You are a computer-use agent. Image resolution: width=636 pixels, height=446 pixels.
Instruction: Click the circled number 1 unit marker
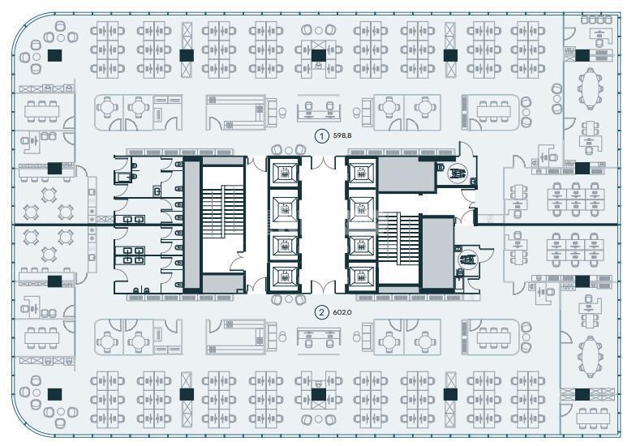pos(322,136)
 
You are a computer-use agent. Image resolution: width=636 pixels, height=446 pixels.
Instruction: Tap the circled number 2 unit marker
pos(322,312)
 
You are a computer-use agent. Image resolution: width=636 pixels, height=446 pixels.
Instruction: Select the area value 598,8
pos(342,136)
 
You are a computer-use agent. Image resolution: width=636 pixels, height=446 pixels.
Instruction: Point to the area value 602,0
pos(342,312)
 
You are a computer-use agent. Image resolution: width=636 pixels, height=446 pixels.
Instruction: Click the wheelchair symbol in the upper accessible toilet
pos(456,174)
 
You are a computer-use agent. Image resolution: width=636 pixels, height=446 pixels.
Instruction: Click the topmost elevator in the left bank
pos(284,174)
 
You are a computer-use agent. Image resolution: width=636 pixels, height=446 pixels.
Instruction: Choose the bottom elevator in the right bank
pos(361,277)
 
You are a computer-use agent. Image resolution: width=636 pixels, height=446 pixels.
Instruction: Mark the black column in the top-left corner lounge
pos(55,55)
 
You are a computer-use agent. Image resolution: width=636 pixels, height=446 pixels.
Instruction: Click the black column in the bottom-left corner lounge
pos(55,394)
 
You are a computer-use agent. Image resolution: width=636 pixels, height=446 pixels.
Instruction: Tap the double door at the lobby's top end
pos(323,162)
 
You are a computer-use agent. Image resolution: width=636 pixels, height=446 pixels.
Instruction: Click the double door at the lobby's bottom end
pos(323,287)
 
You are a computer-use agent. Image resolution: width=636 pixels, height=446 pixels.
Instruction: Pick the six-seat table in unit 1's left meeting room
pos(42,111)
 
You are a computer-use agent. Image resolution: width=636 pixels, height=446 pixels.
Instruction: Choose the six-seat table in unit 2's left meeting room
pos(42,338)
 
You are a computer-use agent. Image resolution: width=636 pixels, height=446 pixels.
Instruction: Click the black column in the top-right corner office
pos(582,55)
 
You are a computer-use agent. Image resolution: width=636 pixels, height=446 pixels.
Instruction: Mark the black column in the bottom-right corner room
pos(582,394)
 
